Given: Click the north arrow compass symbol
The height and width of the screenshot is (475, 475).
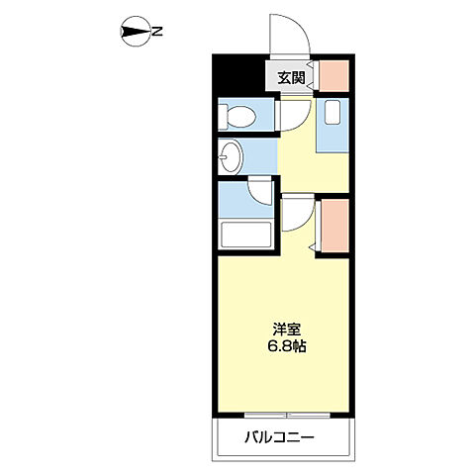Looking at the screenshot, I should coord(132,32).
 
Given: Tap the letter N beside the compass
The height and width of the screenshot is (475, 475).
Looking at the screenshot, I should coord(157,32).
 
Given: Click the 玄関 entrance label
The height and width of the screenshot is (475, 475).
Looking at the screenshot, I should coord(290,77).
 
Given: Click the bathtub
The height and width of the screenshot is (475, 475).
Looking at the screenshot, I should coord(244,235).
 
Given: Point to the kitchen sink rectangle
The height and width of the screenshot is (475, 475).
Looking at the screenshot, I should coord(332,113).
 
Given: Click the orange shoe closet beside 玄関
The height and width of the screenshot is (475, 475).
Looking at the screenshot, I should coord(332,77).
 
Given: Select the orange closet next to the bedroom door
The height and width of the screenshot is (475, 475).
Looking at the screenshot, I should coord(333,226).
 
